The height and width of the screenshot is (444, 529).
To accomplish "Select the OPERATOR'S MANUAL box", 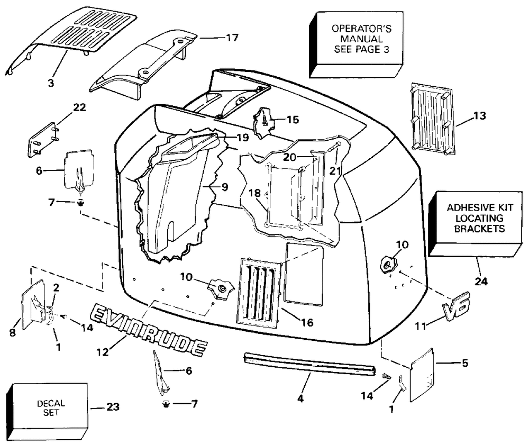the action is coord(356,45).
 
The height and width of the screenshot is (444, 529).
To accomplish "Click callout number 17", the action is coord(232,38).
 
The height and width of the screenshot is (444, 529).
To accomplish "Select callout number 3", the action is coord(51,83).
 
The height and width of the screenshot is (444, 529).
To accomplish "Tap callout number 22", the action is coord(80,107).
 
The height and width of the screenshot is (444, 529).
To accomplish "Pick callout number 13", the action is coord(479,116).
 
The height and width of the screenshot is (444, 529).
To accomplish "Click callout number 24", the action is coord(481,281).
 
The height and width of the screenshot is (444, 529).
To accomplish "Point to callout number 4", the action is coord(300,398).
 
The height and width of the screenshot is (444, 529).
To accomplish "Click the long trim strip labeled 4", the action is coord(309,364).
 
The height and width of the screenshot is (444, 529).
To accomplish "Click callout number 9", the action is coord(224,187).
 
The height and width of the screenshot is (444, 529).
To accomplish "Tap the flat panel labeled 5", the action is coord(422,375).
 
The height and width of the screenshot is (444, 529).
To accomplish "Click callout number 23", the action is coord(113,407).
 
